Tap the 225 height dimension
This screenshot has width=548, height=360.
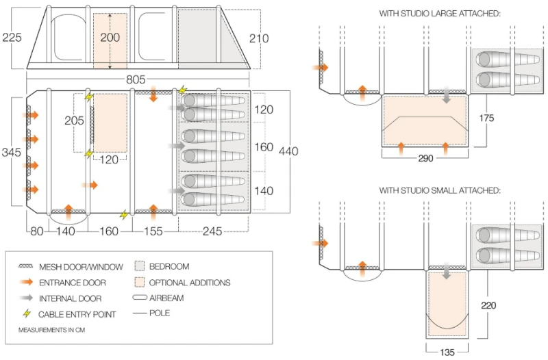(x=12, y=37)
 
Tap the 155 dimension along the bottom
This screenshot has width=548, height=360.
(x=153, y=231)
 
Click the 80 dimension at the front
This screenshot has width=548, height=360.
(x=36, y=231)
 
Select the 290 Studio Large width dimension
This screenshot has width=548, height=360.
(x=425, y=158)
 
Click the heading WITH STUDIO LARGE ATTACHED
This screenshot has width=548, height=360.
(x=440, y=14)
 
